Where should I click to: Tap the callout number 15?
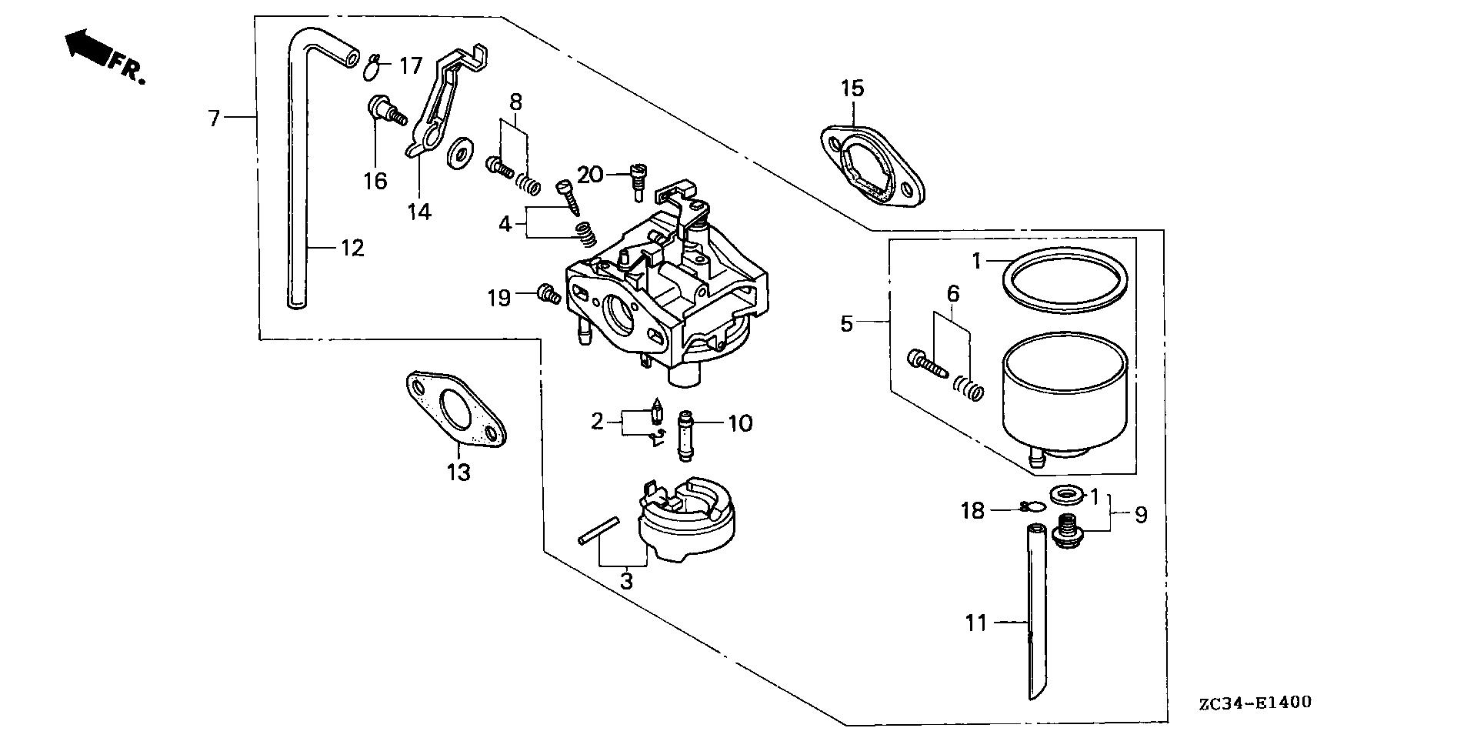click(x=852, y=88)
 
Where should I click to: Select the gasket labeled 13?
click(x=454, y=409)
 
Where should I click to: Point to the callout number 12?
click(x=352, y=248)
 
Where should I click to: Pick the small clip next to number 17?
click(x=373, y=68)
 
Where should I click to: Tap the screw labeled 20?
click(x=638, y=180)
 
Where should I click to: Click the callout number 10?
click(x=740, y=422)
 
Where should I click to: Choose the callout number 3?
click(x=626, y=579)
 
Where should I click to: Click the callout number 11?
click(x=976, y=622)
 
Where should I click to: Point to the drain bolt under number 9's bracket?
click(x=1066, y=531)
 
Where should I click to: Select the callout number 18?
click(x=973, y=510)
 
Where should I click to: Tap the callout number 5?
click(x=846, y=323)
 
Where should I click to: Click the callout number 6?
click(x=953, y=293)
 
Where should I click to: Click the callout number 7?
click(x=214, y=118)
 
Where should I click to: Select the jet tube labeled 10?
click(x=685, y=436)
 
